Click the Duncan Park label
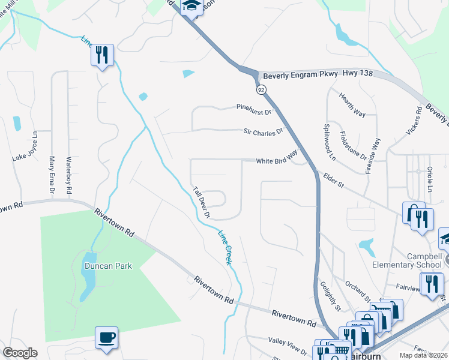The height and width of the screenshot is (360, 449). click(107, 265)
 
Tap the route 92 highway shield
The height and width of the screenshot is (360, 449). click(261, 89)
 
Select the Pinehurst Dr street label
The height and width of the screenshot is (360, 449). click(254, 110)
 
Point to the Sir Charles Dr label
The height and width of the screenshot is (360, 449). click(263, 132)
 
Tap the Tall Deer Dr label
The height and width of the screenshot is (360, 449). click(201, 202)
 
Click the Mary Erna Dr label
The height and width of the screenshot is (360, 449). click(52, 175)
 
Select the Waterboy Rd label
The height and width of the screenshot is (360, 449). click(69, 175)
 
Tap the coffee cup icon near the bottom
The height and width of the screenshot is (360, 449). click(106, 338)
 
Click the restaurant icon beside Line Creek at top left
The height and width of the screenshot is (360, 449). click(102, 55)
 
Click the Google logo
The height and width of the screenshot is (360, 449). click(20, 353)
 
